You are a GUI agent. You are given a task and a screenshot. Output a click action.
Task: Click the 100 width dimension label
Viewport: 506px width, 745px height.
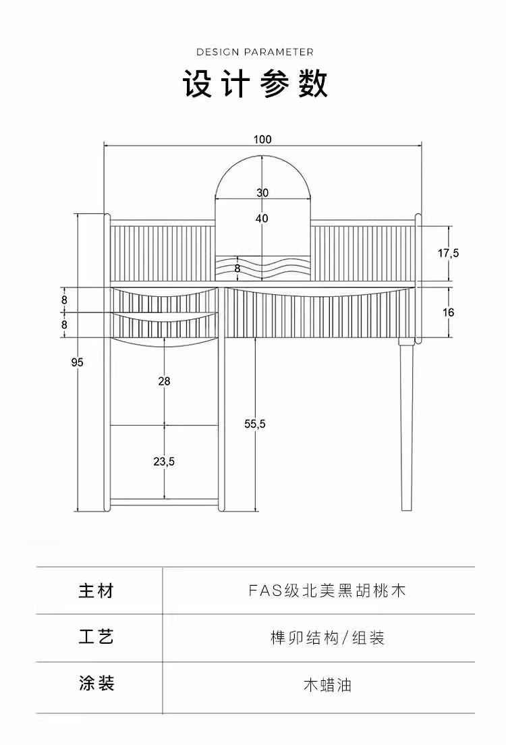262,140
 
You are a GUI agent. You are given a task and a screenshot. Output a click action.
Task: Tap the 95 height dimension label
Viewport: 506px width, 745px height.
77,362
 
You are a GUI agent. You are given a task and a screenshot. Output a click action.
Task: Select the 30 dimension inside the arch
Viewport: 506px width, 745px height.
262,192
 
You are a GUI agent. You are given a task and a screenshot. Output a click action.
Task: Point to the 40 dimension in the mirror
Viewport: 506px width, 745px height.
262,218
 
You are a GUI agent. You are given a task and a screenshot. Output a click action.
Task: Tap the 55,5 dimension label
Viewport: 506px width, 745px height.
255,424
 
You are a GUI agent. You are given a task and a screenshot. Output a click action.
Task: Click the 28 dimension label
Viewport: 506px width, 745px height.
164,381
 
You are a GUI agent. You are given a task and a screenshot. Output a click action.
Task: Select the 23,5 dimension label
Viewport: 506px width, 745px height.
164,462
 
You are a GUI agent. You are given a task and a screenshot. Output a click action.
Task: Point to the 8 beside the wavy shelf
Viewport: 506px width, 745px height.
237,268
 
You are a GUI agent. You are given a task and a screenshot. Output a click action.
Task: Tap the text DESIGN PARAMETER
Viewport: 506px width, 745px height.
255,52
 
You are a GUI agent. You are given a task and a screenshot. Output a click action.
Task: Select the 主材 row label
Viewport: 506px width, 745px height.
96,591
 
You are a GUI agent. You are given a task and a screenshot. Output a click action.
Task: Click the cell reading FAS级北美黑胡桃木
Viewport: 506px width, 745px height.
327,591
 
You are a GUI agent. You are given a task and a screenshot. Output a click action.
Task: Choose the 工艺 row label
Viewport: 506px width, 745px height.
96,637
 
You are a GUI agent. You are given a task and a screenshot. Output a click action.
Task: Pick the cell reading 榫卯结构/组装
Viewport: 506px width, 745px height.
327,638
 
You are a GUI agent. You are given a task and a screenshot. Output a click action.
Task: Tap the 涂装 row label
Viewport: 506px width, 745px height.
96,684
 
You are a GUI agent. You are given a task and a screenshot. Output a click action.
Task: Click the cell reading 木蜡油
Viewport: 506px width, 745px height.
327,686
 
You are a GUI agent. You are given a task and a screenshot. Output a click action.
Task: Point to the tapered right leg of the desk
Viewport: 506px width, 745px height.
407,425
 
